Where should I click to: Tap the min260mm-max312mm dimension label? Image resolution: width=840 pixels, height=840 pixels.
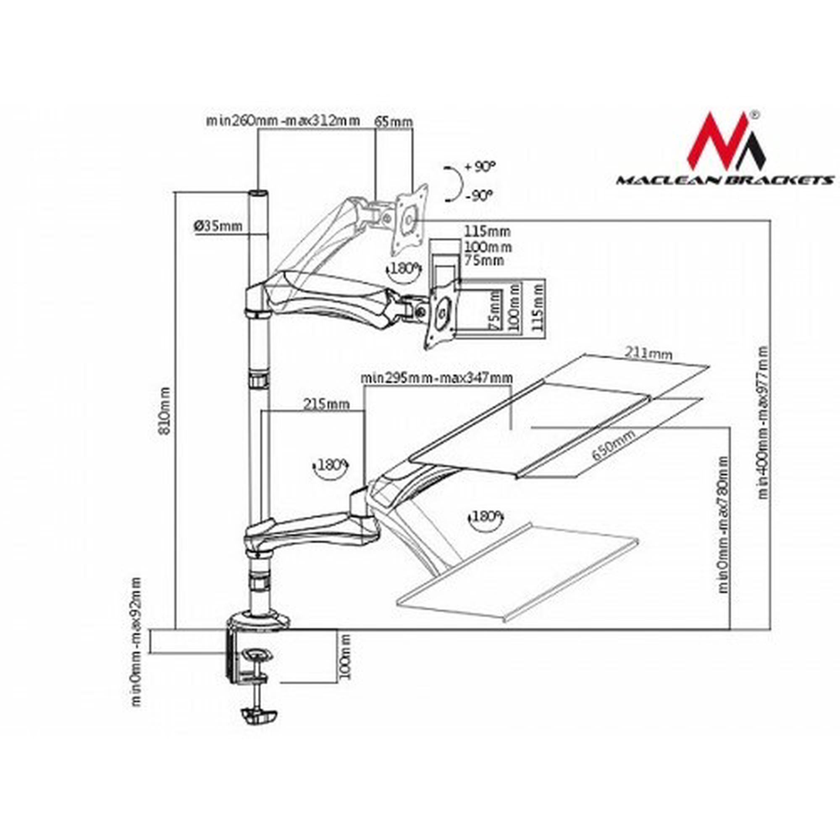click(x=283, y=121)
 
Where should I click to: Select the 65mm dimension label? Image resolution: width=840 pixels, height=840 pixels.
click(x=394, y=122)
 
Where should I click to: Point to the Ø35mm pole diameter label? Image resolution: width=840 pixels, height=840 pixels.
click(x=218, y=226)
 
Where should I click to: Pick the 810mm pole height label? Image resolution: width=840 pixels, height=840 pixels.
click(x=165, y=411)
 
